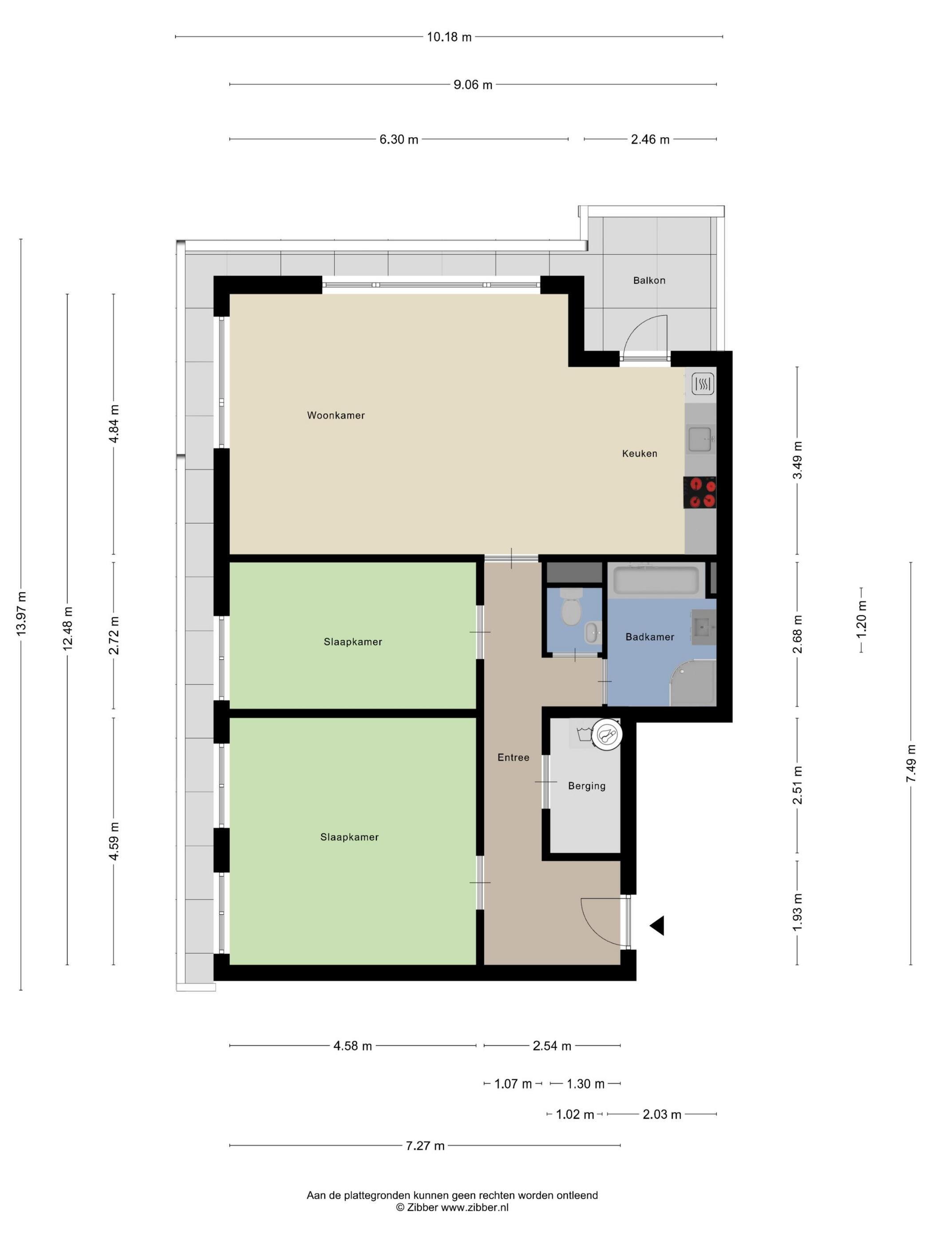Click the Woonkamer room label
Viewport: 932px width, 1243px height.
click(336, 415)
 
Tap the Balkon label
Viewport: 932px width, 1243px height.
click(649, 280)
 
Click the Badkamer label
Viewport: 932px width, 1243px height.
click(649, 637)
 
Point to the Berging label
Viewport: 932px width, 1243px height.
click(587, 786)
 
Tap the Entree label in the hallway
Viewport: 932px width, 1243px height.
click(513, 757)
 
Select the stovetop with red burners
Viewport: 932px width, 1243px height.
click(699, 492)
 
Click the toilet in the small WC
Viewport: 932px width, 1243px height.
click(571, 607)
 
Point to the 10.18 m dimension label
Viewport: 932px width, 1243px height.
click(449, 37)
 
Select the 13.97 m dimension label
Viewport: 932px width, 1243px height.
click(21, 614)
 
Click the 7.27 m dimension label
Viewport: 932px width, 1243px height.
click(425, 1146)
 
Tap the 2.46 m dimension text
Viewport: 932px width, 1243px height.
click(650, 139)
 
